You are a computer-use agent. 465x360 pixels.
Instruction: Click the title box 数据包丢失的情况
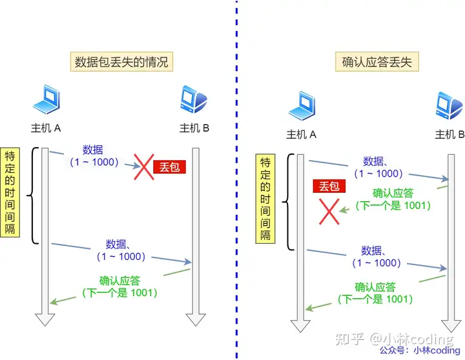121,62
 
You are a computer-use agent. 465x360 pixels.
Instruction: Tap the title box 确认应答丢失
377,62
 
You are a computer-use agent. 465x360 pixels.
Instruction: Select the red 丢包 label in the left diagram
170,167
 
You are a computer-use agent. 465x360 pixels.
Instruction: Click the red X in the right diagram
330,211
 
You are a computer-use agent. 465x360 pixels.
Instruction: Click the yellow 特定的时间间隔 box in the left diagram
10,192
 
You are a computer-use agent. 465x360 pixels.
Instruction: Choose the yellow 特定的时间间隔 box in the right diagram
265,198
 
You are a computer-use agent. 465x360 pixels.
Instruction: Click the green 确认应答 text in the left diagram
120,281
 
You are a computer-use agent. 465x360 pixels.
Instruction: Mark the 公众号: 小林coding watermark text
420,350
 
